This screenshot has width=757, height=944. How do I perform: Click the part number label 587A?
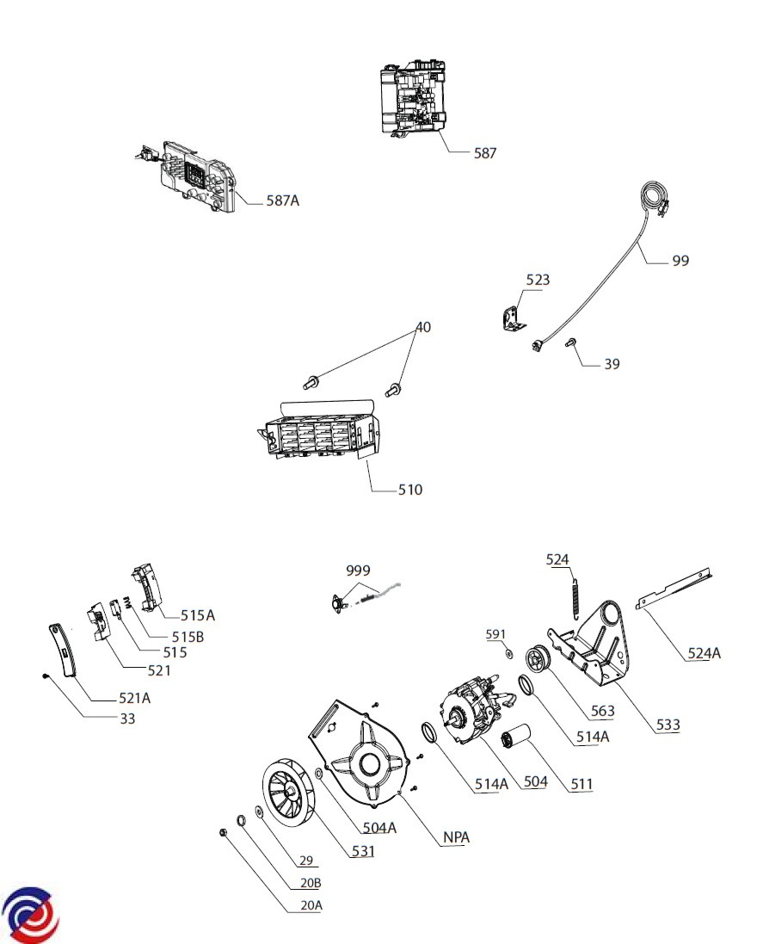tap(283, 201)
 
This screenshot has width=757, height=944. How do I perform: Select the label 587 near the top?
tap(485, 153)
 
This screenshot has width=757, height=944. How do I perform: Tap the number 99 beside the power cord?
tap(680, 261)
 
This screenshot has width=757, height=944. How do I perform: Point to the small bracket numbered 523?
tap(512, 318)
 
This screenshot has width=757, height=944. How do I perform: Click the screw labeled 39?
tap(569, 342)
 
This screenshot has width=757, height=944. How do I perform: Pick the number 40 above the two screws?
tap(423, 327)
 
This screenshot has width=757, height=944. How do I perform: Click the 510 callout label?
tap(410, 490)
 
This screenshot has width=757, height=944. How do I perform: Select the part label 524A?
tap(704, 652)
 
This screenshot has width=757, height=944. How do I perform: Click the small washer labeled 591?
tap(508, 654)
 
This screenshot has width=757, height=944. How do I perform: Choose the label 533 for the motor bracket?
tap(668, 725)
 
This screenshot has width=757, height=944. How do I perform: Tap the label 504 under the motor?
tap(536, 781)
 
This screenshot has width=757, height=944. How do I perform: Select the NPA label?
tap(456, 837)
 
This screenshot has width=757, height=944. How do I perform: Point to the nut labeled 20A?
tap(223, 833)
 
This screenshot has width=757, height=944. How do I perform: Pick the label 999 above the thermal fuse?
tap(358, 571)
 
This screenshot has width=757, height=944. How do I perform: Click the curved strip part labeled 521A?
tap(65, 651)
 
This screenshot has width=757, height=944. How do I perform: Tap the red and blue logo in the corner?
tap(30, 915)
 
